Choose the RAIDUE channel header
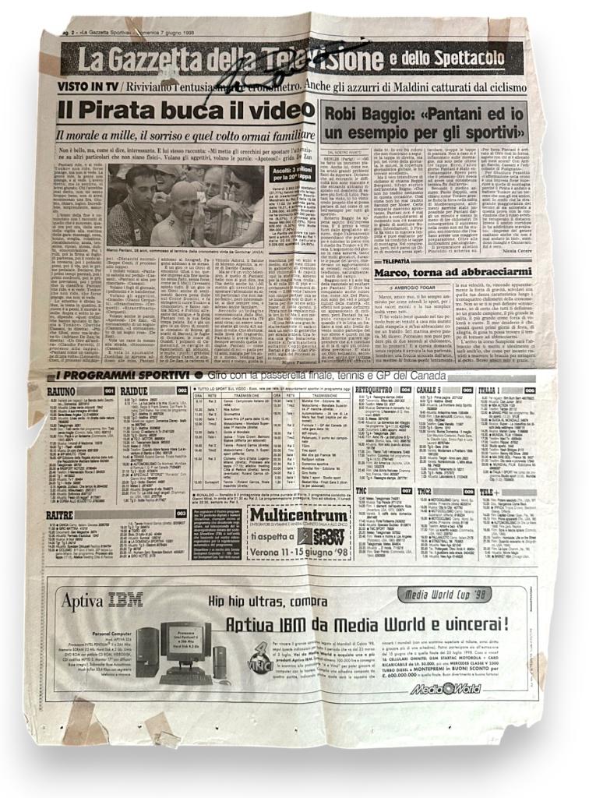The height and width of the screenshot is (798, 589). tap(136, 390)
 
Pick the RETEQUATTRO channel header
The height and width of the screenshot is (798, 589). tap(373, 389)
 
